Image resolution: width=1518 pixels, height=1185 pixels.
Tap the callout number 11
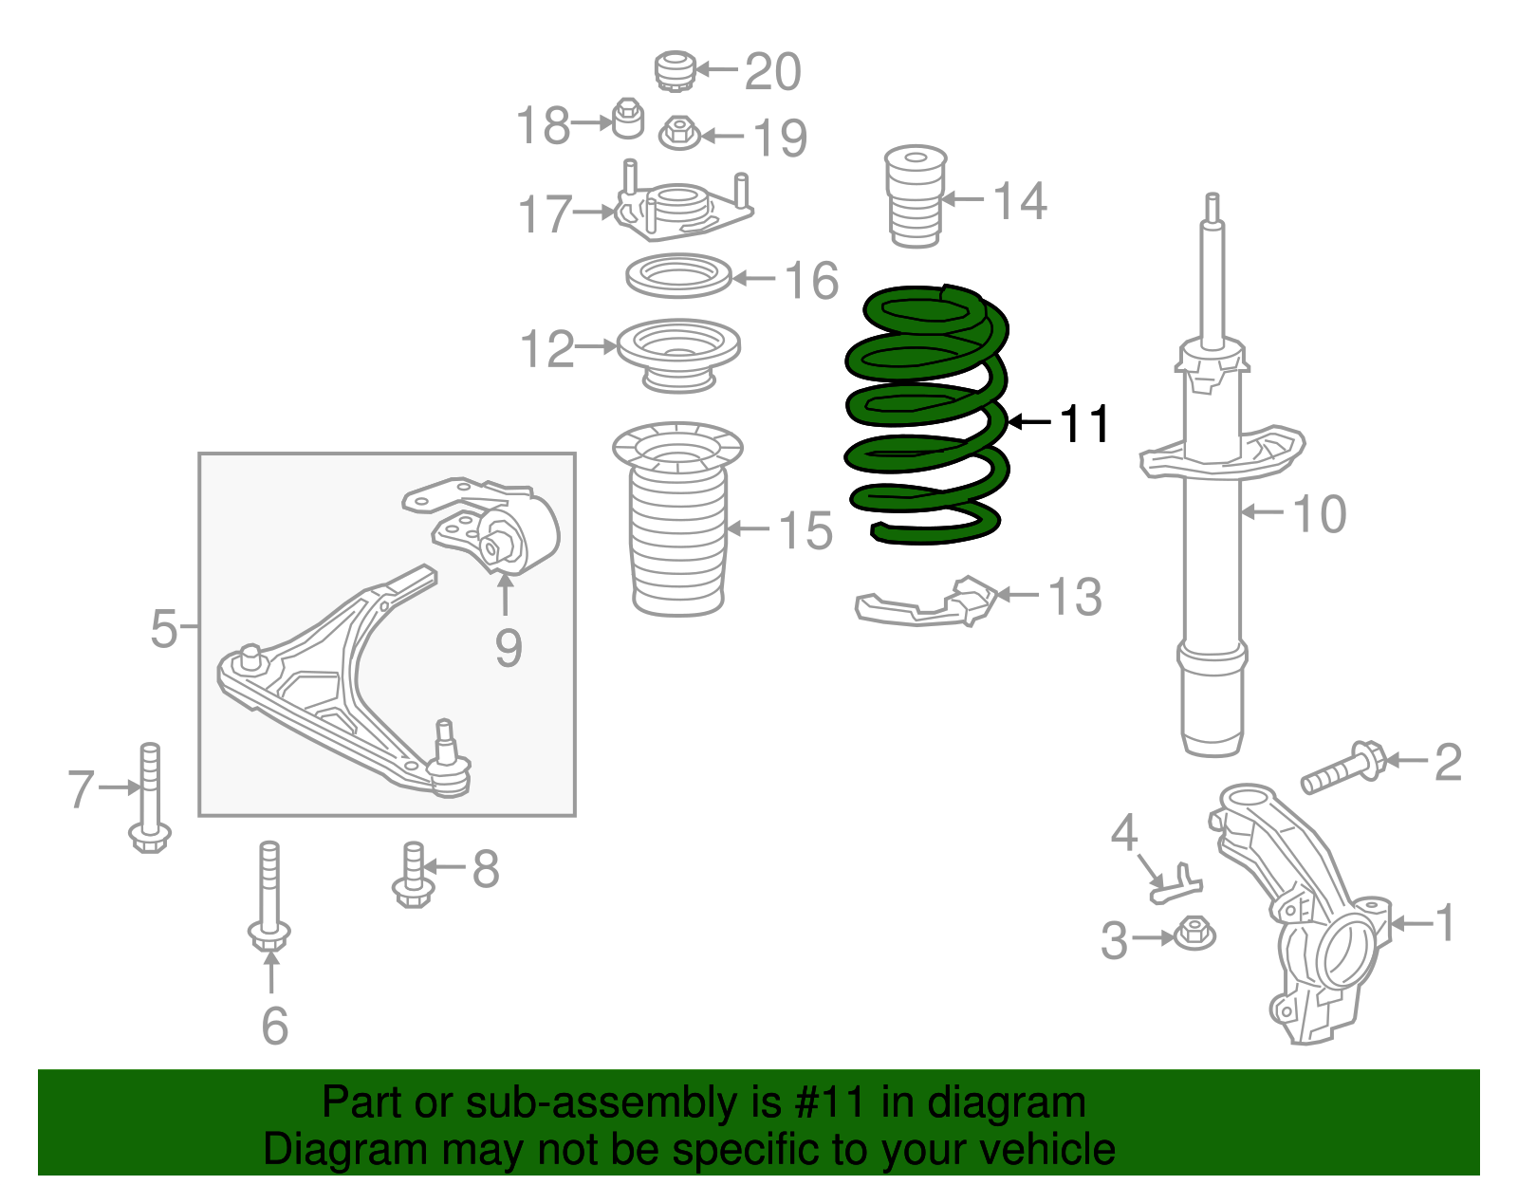(x=1084, y=424)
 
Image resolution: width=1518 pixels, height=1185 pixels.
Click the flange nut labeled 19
(x=678, y=133)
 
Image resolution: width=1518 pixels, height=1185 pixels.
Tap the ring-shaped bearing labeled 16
(x=678, y=277)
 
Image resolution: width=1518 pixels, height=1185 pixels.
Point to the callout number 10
(x=1319, y=513)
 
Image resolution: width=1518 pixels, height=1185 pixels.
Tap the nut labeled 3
(x=1194, y=934)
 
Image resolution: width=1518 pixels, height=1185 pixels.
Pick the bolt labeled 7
(x=150, y=797)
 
